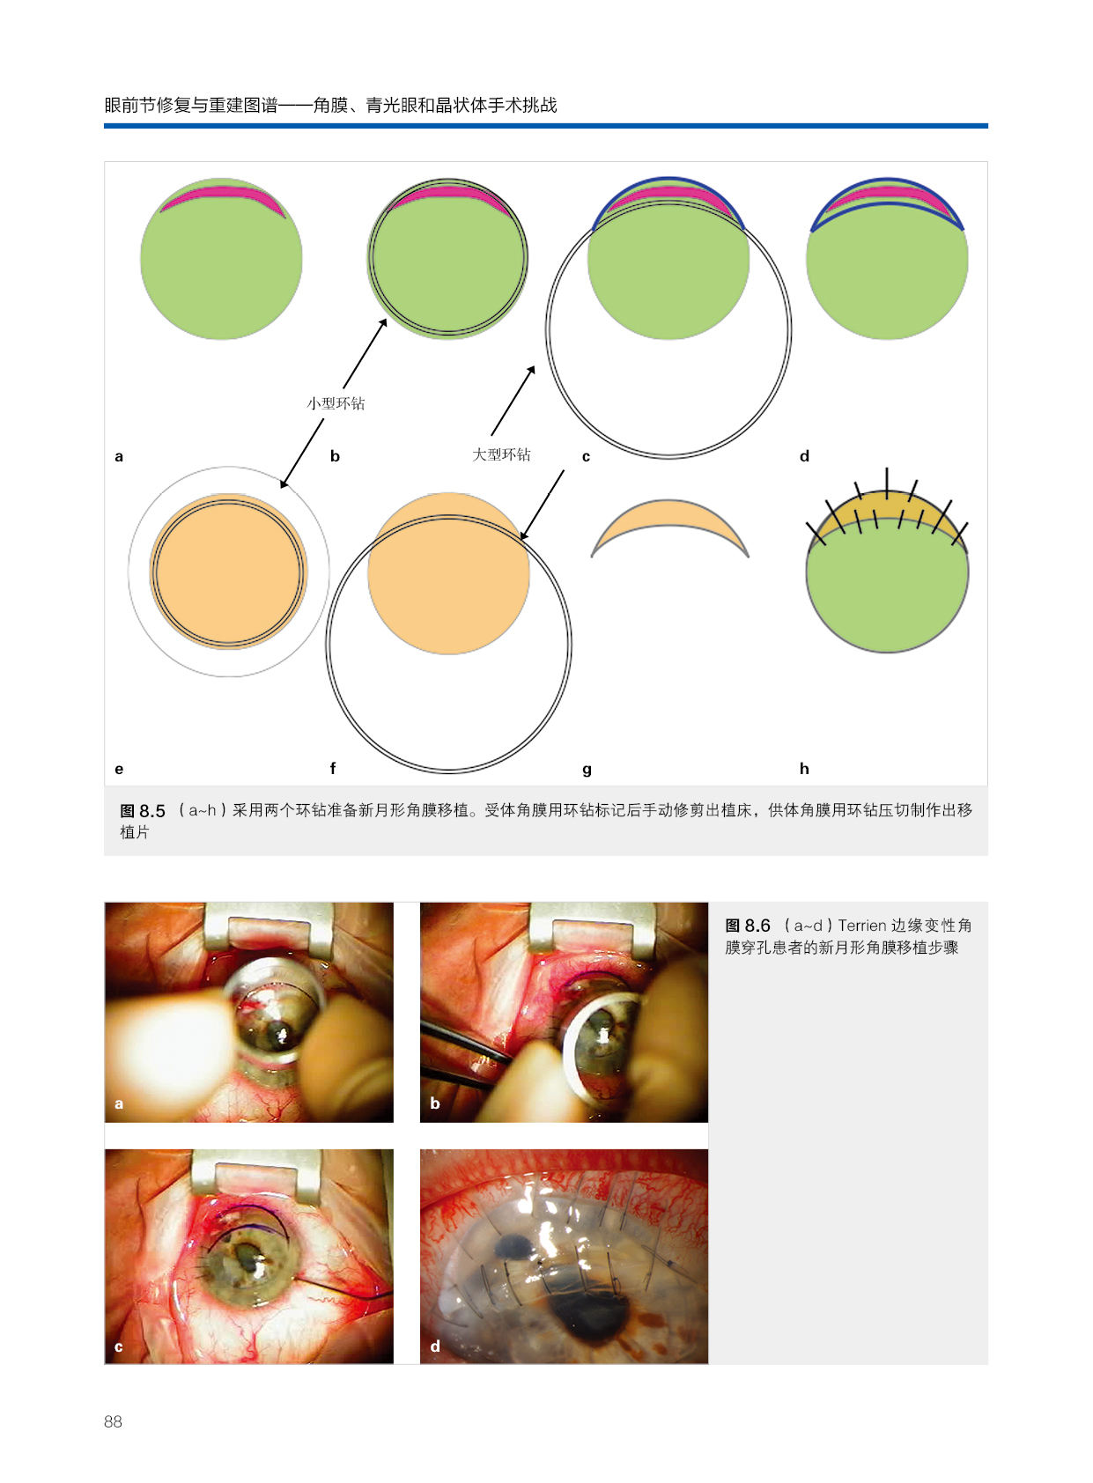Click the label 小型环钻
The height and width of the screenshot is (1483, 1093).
336,403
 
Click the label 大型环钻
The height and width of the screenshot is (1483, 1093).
501,454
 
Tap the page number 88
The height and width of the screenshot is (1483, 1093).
113,1421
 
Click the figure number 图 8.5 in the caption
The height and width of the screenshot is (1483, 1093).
143,811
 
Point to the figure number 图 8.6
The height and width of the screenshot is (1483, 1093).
747,926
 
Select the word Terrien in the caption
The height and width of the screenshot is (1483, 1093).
861,926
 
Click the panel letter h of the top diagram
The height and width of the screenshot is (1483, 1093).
804,769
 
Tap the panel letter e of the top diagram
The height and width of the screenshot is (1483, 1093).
119,769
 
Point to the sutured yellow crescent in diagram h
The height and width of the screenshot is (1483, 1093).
887,508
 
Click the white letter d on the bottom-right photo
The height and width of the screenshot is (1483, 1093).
435,1347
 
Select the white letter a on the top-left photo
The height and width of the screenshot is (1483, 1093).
119,1103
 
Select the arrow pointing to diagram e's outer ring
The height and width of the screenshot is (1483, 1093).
302,453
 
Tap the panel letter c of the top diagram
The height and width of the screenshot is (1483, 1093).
586,456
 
